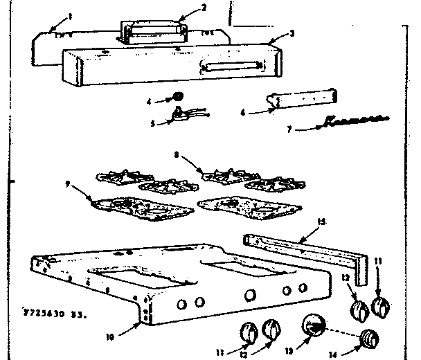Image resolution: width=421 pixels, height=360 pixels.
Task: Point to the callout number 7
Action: tap(291, 129)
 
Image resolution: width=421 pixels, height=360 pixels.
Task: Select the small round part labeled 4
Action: tap(178, 95)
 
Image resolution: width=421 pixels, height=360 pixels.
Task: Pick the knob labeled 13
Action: tap(313, 325)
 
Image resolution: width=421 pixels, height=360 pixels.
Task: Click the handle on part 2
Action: tap(154, 30)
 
